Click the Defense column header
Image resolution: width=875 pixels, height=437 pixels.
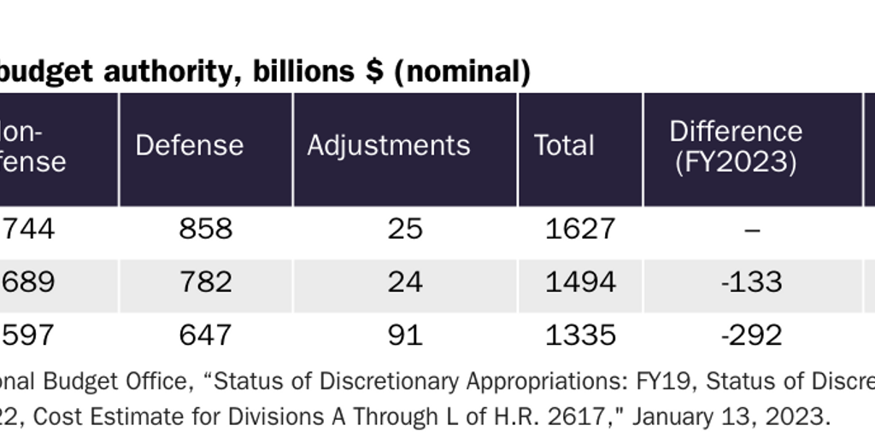click(189, 145)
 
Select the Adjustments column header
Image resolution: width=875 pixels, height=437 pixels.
click(388, 145)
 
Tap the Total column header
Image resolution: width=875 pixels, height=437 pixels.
click(564, 145)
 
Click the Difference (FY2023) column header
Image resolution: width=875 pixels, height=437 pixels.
click(736, 146)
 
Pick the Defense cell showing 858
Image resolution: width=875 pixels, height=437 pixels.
click(205, 229)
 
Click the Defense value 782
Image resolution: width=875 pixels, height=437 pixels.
click(205, 282)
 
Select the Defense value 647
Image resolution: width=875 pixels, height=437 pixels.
click(205, 335)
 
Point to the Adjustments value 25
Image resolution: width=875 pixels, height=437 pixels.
click(405, 229)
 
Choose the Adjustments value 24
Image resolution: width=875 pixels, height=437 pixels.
click(405, 282)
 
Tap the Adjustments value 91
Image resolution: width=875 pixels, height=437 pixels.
click(405, 335)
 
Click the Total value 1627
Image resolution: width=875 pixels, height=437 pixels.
click(580, 229)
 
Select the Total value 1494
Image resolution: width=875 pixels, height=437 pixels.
click(580, 282)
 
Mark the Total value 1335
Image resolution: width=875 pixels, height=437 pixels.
click(580, 335)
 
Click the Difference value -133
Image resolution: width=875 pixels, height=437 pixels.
click(752, 282)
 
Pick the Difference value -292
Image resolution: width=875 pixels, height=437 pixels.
click(752, 335)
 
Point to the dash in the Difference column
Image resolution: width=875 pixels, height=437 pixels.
click(752, 230)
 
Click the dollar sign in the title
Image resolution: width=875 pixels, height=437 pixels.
click(373, 73)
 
